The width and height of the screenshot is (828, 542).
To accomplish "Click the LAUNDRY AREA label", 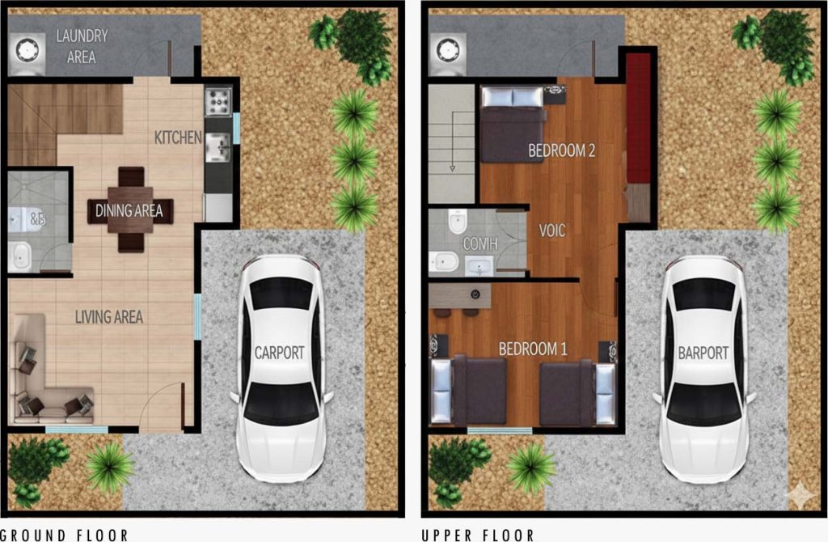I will pos(81,46).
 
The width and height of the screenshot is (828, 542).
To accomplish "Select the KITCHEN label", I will pos(178,138).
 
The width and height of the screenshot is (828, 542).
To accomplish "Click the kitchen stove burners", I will pos(218,101).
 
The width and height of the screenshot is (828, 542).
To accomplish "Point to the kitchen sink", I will pos(218,147).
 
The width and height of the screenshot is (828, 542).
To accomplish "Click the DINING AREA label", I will pos(129,211).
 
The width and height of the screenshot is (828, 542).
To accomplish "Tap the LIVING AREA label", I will pos(109,317).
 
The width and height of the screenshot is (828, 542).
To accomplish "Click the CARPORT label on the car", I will pos(280,353).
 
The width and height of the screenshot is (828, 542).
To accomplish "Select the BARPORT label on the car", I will pos(703,353).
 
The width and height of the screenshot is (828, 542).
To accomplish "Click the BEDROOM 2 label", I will pos(562,150).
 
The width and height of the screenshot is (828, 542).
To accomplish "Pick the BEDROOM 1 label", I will pos(533,349).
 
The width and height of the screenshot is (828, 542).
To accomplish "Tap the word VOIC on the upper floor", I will pos(552,231).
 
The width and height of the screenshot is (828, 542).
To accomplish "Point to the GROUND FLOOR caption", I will pos(65,535).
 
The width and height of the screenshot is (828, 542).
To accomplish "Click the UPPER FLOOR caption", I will pos(478,535).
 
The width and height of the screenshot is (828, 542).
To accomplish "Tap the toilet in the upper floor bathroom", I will pos(458,221).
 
